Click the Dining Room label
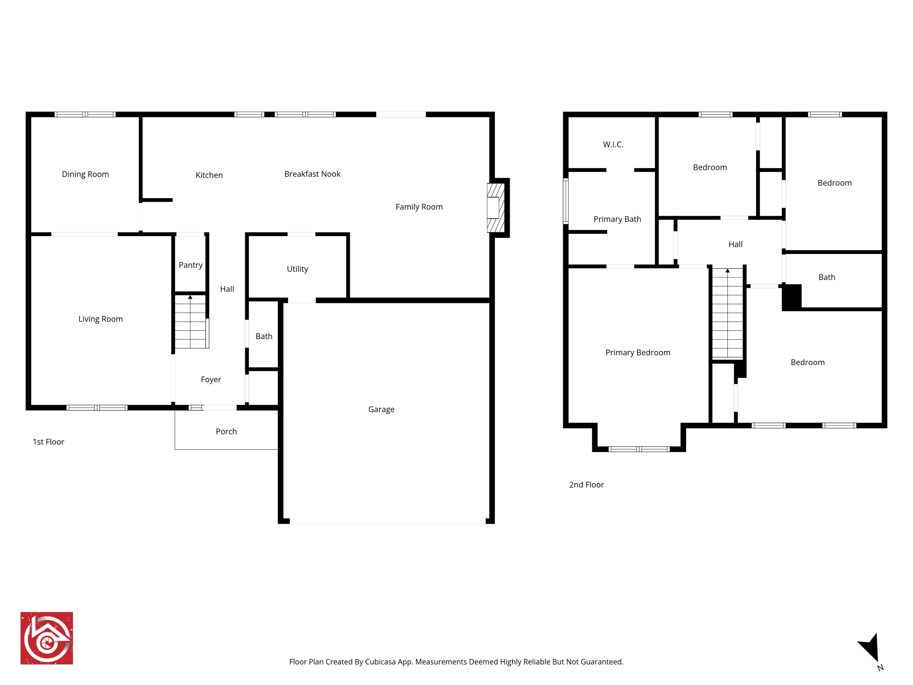click(x=86, y=174)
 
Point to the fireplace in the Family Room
click(x=496, y=208)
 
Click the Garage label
click(x=381, y=409)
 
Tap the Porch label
click(x=226, y=431)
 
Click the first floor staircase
click(x=190, y=322)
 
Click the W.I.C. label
click(x=613, y=145)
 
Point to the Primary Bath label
click(x=617, y=219)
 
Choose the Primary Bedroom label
click(x=638, y=353)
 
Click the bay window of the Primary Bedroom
click(x=639, y=449)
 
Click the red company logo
click(x=47, y=638)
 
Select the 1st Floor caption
click(x=48, y=442)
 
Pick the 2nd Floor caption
click(x=586, y=485)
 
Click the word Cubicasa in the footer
click(x=380, y=662)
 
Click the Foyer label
click(x=211, y=379)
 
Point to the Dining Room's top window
click(x=85, y=114)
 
